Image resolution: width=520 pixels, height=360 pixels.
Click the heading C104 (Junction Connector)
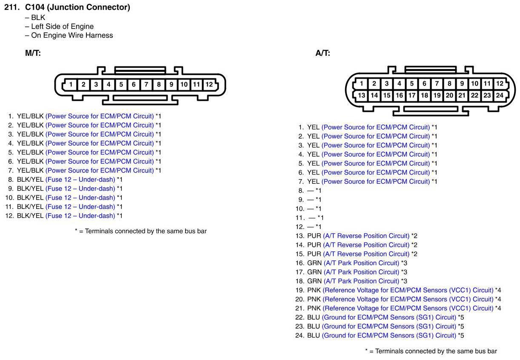(77, 7)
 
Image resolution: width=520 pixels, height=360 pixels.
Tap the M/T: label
(33, 53)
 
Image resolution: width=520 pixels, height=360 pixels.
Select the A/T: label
(323, 53)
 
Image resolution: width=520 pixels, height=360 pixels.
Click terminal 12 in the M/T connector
(209, 84)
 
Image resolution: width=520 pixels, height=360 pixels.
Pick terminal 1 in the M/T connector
(71, 84)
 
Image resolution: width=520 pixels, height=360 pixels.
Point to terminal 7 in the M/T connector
(146, 84)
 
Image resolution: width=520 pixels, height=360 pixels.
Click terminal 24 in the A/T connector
(500, 95)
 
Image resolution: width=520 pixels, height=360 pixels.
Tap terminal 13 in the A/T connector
(361, 95)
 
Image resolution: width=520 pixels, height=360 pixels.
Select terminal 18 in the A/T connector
(424, 95)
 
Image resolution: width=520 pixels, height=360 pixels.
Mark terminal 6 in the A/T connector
(424, 84)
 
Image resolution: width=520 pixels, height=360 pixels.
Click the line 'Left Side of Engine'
(62, 26)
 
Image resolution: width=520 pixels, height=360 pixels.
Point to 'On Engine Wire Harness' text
(72, 35)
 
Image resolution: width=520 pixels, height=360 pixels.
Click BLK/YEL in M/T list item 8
(30, 180)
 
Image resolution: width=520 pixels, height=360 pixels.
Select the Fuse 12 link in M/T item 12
(80, 216)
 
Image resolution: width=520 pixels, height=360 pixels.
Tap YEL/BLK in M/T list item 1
(30, 116)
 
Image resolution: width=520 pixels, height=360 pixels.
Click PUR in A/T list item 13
(314, 236)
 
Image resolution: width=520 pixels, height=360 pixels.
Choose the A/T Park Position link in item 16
(361, 263)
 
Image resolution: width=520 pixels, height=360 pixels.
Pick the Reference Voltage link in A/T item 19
(408, 290)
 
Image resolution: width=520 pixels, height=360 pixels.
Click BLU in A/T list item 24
(314, 336)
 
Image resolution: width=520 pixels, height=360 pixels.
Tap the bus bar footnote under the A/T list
(431, 351)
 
